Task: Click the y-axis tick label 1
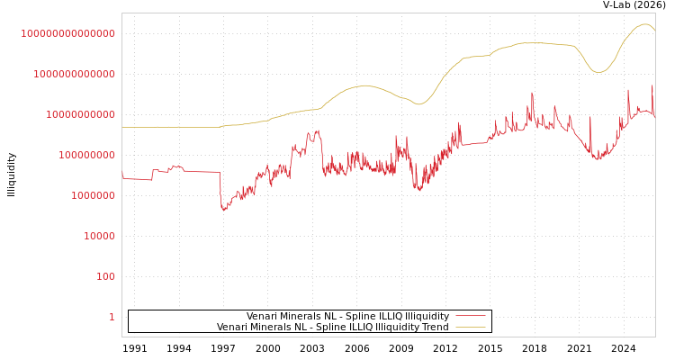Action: pyautogui.click(x=112, y=317)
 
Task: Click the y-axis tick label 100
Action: pyautogui.click(x=105, y=276)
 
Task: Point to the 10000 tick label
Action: pyautogui.click(x=99, y=236)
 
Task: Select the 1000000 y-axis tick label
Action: pyautogui.click(x=93, y=195)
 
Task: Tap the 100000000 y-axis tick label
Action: pyautogui.click(x=86, y=155)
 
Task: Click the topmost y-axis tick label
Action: pyautogui.click(x=67, y=33)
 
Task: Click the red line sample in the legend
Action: pyautogui.click(x=470, y=317)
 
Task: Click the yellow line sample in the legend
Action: pyautogui.click(x=470, y=328)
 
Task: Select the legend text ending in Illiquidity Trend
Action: pyautogui.click(x=332, y=328)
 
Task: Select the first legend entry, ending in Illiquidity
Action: pyautogui.click(x=347, y=317)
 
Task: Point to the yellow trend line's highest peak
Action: pyautogui.click(x=644, y=24)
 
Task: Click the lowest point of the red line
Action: pyautogui.click(x=223, y=210)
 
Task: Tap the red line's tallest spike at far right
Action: pyautogui.click(x=652, y=86)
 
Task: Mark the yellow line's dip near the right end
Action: pyautogui.click(x=598, y=72)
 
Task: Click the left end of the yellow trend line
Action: pyautogui.click(x=123, y=127)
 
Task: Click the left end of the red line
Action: pyautogui.click(x=123, y=177)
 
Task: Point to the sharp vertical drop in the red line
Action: pyautogui.click(x=220, y=189)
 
